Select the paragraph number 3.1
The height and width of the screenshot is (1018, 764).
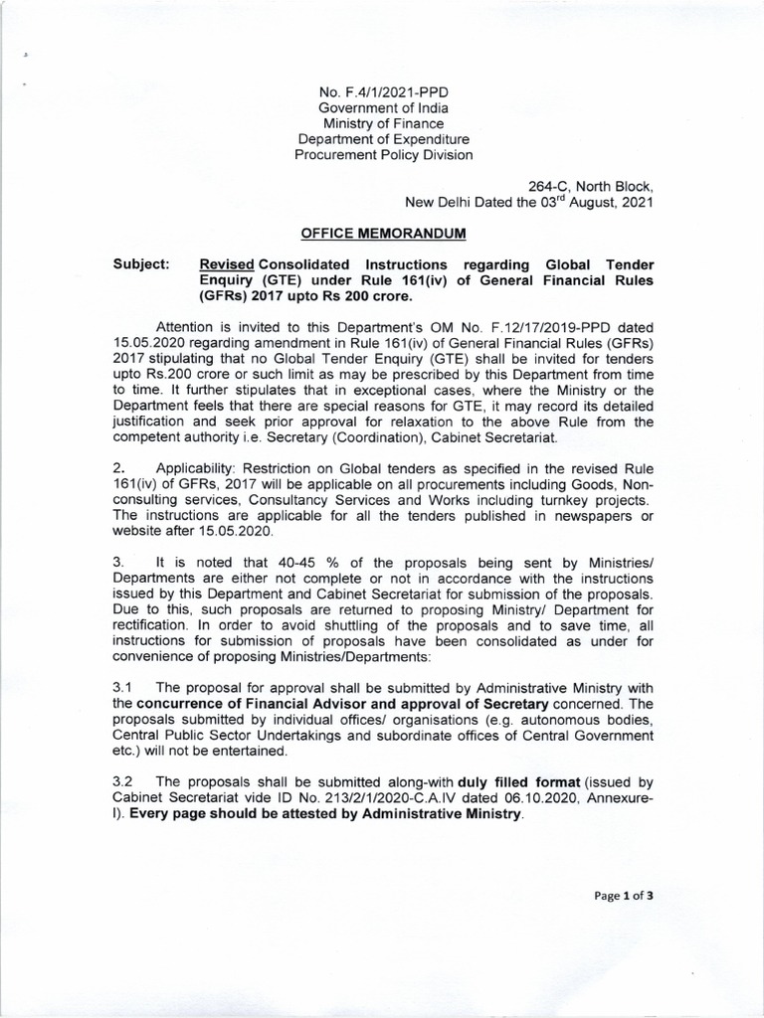point(123,688)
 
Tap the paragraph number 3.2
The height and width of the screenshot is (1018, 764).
point(123,782)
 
